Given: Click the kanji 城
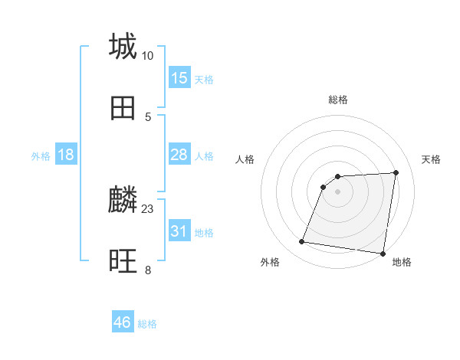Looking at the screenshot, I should (123, 46).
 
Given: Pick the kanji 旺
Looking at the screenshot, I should (123, 262).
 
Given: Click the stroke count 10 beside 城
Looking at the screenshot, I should (147, 56).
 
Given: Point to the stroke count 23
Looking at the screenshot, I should (148, 208).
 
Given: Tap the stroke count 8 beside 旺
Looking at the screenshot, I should (148, 270).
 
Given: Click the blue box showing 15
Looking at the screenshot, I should (179, 78).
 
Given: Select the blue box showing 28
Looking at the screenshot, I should (179, 155).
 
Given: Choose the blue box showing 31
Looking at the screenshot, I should (179, 231).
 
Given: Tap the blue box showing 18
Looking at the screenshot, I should (66, 155).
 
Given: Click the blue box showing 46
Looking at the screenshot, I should (123, 322).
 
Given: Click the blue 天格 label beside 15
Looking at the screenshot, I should (204, 80).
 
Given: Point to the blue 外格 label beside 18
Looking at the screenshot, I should (41, 156).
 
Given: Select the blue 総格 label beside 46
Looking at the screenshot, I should (147, 324).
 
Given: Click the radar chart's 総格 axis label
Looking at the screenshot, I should (338, 100).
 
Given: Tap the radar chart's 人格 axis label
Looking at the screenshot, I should (245, 159).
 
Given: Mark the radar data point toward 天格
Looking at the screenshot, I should (396, 172).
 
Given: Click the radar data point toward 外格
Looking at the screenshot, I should (302, 242).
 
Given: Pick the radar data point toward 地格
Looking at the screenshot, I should (383, 253).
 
